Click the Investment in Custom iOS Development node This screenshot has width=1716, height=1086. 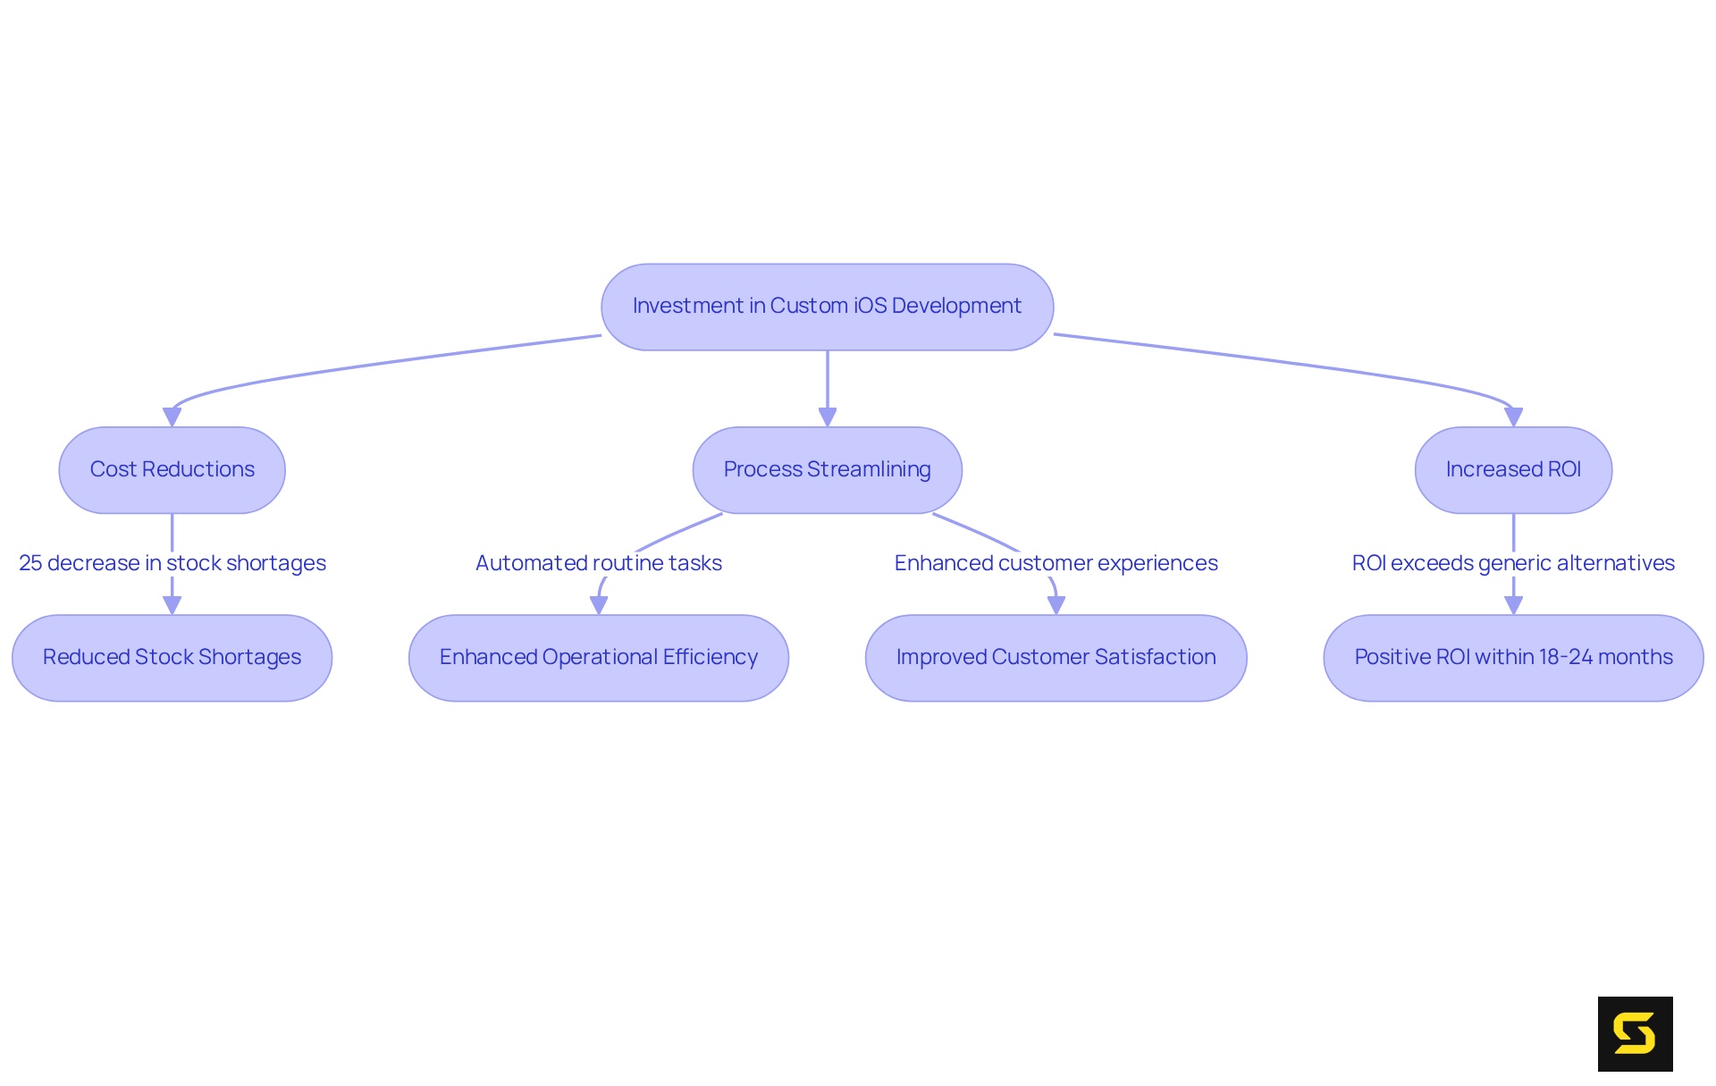827,307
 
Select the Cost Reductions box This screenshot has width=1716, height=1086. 172,470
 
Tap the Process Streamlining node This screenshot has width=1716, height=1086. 827,470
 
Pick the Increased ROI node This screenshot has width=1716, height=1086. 1513,470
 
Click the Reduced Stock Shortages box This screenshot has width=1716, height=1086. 172,658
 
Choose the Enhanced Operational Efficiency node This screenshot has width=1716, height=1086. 598,658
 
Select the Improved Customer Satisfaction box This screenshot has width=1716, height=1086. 1056,658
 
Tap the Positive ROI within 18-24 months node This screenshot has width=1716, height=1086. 1513,658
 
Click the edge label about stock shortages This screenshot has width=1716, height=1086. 172,563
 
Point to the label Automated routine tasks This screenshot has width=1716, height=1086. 598,563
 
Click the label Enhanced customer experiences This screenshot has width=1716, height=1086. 1056,563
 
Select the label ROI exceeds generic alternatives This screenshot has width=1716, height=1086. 1513,563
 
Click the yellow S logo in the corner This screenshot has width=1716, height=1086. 1635,1034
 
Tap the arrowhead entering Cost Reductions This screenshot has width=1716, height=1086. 172,417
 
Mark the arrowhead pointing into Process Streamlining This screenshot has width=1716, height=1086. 828,417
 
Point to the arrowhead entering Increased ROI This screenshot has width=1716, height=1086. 1513,417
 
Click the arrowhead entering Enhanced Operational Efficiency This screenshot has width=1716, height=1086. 599,605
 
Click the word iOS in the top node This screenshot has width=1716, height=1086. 871,306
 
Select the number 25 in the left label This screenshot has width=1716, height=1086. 30,563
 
